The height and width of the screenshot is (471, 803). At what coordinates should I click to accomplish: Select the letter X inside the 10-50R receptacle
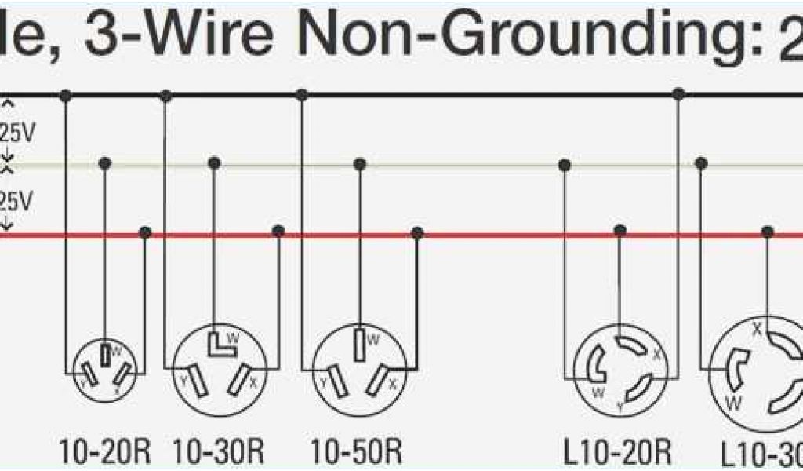click(393, 384)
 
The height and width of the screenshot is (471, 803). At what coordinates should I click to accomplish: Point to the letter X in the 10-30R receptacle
click(253, 382)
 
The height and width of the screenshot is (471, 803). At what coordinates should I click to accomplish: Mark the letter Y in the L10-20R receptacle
click(620, 406)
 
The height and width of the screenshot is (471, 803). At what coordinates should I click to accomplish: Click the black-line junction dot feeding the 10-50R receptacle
click(302, 95)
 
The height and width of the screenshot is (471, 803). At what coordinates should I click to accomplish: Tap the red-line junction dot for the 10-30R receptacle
click(278, 232)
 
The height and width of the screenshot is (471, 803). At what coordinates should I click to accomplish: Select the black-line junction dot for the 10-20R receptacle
click(67, 96)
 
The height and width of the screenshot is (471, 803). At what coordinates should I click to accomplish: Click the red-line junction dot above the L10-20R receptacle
click(620, 231)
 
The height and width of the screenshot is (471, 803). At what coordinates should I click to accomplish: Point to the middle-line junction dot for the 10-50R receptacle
click(360, 164)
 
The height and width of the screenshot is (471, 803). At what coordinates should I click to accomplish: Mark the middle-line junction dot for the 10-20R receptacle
click(104, 163)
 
